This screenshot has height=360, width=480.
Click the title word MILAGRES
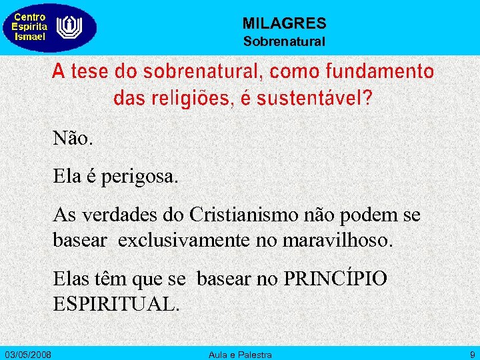(284, 24)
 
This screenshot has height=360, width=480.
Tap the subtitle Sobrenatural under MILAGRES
(284, 41)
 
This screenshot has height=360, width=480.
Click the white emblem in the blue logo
(67, 27)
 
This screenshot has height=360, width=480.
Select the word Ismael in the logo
(30, 37)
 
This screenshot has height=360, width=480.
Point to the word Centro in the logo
(30, 17)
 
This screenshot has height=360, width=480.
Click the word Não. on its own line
(74, 139)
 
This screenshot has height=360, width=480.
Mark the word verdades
(119, 216)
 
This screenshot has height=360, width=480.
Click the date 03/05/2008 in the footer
(32, 353)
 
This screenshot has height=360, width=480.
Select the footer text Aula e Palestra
(240, 353)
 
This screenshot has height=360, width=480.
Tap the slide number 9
(472, 353)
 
